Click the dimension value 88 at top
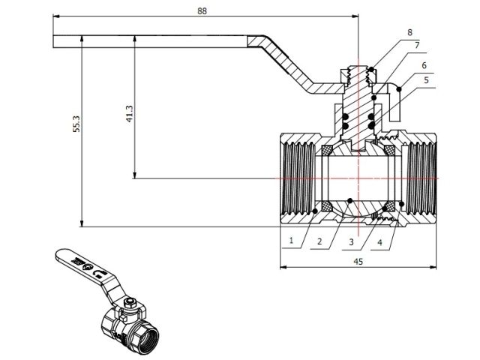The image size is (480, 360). coord(201,10)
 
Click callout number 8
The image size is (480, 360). coord(409,32)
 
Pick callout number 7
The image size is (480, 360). coord(416,46)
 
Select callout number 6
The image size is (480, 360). coord(424,66)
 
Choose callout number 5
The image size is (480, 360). coord(426,79)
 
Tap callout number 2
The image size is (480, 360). coord(319,242)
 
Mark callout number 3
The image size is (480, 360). coord(351,242)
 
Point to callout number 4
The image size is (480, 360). coord(380,242)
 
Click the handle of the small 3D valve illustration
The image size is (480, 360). coord(82,265)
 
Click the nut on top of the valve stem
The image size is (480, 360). coord(358,74)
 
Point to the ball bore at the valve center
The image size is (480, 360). coord(358,178)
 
